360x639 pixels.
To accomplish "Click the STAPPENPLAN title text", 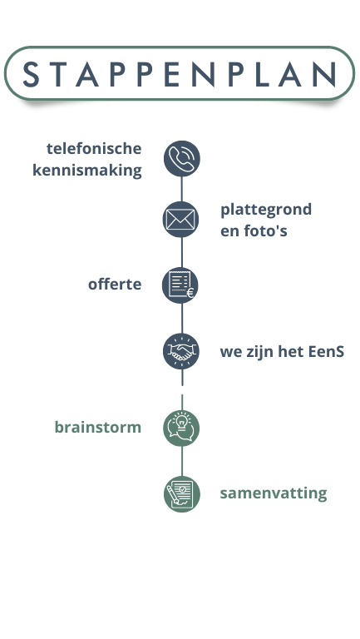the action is click(180, 74).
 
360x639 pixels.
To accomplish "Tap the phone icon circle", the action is click(181, 159).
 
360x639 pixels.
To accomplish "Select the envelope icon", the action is click(180, 220).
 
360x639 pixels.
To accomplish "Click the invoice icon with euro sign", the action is click(180, 285).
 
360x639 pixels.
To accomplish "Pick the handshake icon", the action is click(181, 351).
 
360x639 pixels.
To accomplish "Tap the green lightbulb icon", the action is click(181, 428).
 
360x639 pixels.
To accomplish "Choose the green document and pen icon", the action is click(182, 494).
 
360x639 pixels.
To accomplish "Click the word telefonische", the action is click(94, 148).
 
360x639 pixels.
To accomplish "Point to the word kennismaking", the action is click(87, 171).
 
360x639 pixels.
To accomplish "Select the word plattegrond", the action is click(266, 211).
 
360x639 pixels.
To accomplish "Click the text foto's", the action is click(265, 230).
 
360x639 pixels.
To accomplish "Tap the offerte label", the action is click(115, 284).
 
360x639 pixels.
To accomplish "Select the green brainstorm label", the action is click(98, 428).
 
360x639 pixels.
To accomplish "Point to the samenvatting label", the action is click(274, 493).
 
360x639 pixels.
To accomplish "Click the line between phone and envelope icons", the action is click(181, 189).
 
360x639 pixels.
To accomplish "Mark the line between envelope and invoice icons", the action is click(181, 253).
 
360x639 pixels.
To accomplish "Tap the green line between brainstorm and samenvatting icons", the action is click(182, 461).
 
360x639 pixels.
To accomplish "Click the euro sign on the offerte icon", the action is click(190, 293).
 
